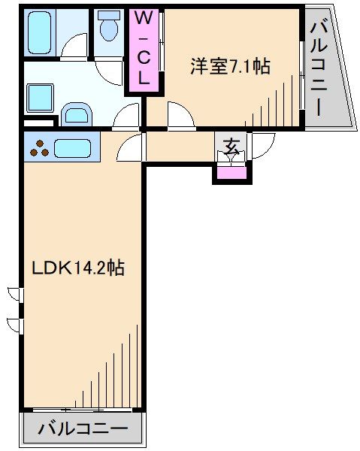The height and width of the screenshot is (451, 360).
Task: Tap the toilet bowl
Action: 110,29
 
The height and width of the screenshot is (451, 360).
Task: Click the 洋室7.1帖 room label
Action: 229,66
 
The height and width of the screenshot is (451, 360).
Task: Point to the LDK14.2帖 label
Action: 77,267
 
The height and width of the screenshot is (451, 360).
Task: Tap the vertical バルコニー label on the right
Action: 319,68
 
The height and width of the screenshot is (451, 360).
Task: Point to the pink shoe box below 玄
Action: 231,173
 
